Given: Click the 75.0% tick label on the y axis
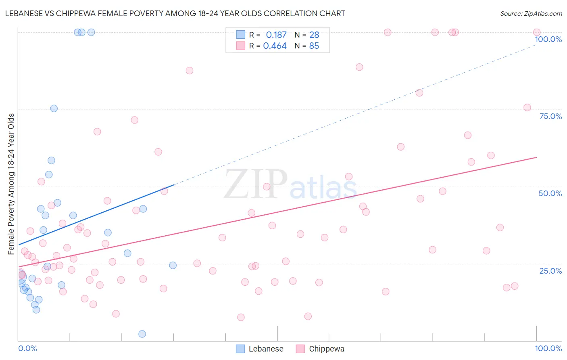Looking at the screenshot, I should pyautogui.click(x=550, y=116).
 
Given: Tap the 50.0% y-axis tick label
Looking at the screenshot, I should pyautogui.click(x=550, y=193).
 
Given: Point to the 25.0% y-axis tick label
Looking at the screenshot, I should pyautogui.click(x=550, y=271).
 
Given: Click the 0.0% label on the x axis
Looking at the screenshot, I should pyautogui.click(x=27, y=348).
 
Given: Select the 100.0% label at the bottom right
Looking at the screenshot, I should pyautogui.click(x=548, y=348).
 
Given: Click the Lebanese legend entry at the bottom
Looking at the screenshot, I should pyautogui.click(x=260, y=349).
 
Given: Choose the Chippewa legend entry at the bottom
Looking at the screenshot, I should pyautogui.click(x=320, y=349).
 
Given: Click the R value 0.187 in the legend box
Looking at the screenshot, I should pyautogui.click(x=276, y=35).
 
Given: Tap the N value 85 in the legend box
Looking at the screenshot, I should pyautogui.click(x=314, y=46).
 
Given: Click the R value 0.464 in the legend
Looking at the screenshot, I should pyautogui.click(x=275, y=46).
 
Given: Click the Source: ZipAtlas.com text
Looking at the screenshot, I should pyautogui.click(x=531, y=13).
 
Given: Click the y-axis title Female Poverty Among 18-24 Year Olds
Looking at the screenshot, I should pyautogui.click(x=11, y=184).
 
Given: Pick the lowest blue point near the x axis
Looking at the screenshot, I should pyautogui.click(x=142, y=334).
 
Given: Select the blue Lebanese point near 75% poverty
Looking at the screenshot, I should pyautogui.click(x=54, y=109).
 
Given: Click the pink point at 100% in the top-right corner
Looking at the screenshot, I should pyautogui.click(x=536, y=32).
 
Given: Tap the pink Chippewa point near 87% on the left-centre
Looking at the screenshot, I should pyautogui.click(x=189, y=71).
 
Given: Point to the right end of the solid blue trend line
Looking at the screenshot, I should pyautogui.click(x=174, y=184).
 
